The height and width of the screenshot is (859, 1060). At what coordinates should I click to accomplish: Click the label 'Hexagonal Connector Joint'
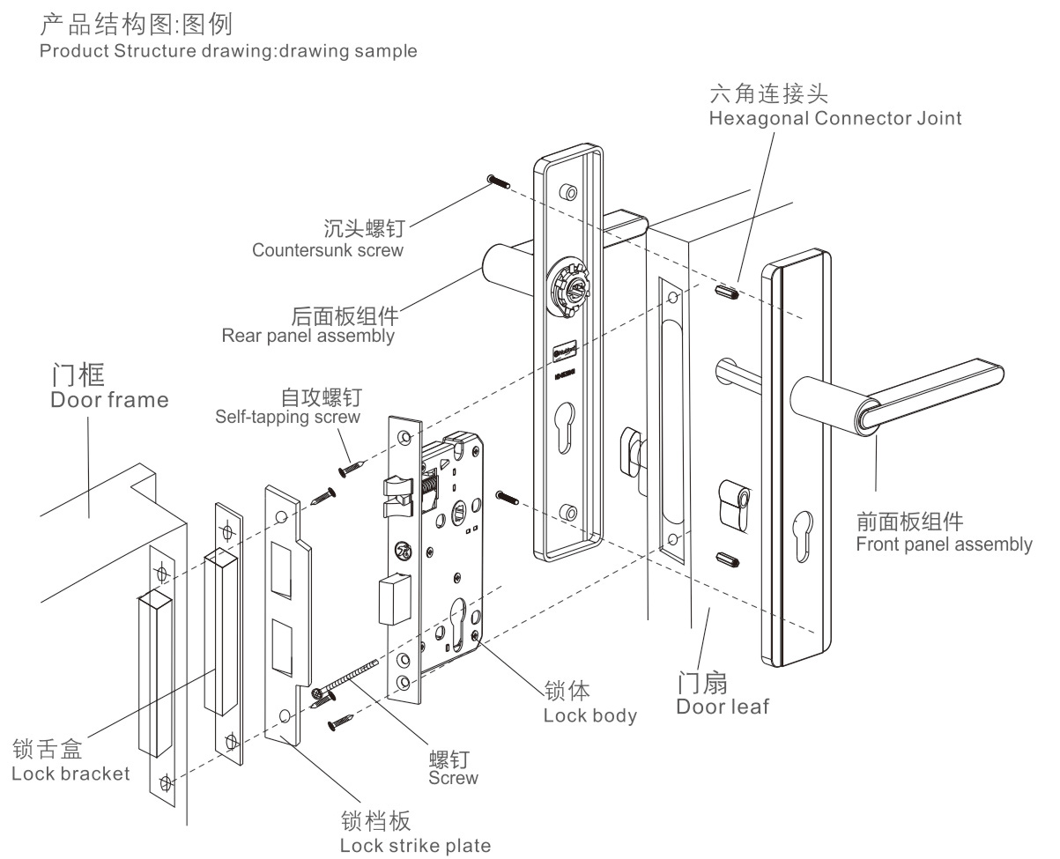(835, 119)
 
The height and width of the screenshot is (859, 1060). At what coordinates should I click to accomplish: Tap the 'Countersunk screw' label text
(327, 250)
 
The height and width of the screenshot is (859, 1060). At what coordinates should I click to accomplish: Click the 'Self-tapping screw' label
(287, 417)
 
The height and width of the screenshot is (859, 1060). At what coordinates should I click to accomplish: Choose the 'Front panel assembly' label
(944, 544)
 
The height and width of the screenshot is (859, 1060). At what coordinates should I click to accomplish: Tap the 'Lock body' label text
(589, 715)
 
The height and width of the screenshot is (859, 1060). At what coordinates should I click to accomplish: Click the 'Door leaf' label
(723, 707)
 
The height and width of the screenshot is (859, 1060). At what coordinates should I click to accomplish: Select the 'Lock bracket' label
(70, 774)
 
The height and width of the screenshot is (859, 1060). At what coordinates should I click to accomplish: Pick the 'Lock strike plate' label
(415, 846)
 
